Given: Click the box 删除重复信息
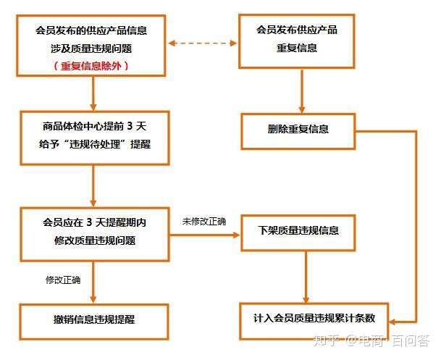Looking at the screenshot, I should [x=298, y=129].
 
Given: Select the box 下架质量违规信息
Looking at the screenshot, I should [x=298, y=231].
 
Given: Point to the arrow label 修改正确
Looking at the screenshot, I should [x=63, y=280].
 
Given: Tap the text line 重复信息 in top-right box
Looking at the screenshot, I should [x=297, y=48].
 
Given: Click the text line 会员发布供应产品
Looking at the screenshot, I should [x=297, y=30].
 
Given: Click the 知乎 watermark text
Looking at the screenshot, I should [x=324, y=340].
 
